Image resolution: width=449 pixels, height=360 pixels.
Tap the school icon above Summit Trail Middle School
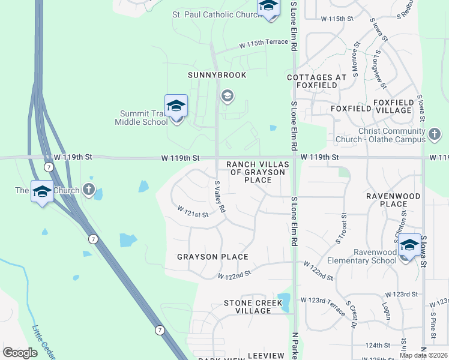click(x=176, y=106)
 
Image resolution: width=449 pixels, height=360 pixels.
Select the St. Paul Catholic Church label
click(x=213, y=14)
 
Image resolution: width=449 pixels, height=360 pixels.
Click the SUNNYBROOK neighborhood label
click(x=208, y=75)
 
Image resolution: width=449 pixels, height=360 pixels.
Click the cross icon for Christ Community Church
click(x=435, y=132)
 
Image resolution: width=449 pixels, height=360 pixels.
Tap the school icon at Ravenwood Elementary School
click(x=409, y=245)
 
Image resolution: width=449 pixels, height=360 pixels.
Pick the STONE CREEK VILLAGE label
click(x=252, y=307)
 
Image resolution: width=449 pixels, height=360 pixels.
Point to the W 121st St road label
click(x=192, y=212)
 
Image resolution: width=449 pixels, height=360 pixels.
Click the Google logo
click(x=20, y=353)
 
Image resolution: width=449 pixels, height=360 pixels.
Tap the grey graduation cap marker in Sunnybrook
click(x=227, y=95)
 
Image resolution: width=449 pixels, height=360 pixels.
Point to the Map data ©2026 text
click(x=423, y=355)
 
